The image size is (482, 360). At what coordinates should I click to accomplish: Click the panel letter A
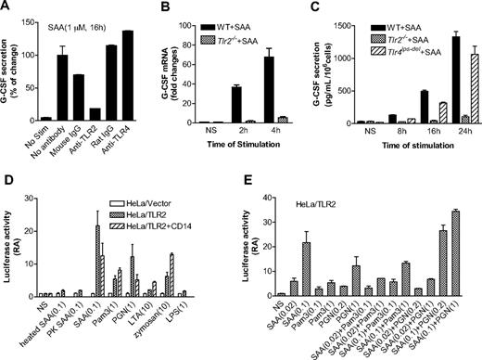click(x=7, y=8)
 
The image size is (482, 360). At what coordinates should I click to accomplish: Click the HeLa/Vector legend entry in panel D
click(x=117, y=198)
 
